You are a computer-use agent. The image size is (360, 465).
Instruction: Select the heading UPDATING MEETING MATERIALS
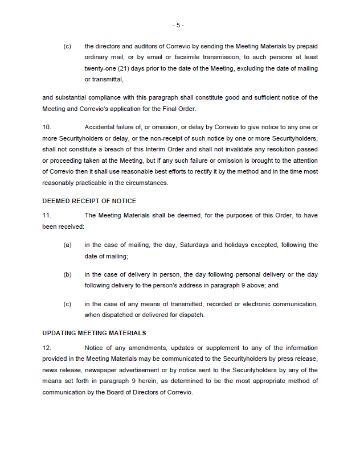pyautogui.click(x=95, y=333)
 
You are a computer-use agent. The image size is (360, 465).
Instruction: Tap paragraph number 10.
pyautogui.click(x=47, y=126)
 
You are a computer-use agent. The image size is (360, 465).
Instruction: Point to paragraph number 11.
pyautogui.click(x=47, y=215)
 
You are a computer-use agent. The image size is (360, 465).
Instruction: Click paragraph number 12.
pyautogui.click(x=47, y=348)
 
